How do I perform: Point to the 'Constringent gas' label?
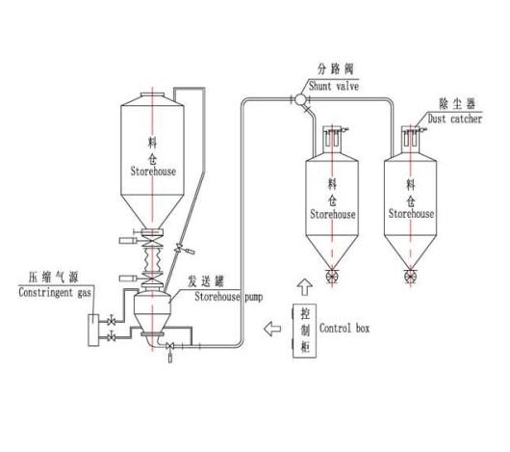click(55, 290)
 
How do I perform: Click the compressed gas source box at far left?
click(91, 328)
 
